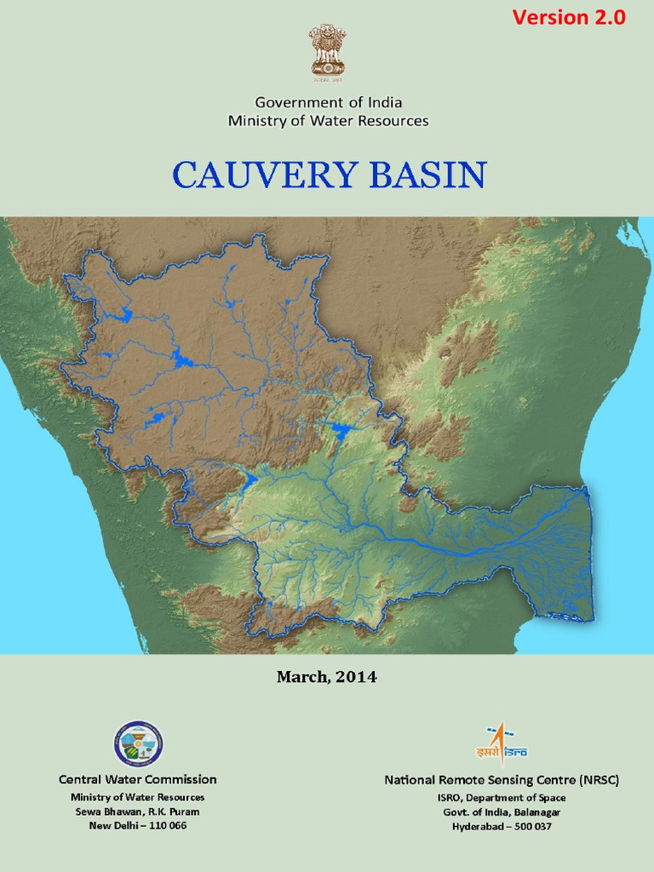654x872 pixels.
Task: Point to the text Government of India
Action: pyautogui.click(x=328, y=102)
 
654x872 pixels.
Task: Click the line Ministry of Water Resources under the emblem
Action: pyautogui.click(x=328, y=121)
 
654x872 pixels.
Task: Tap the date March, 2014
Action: pyautogui.click(x=326, y=678)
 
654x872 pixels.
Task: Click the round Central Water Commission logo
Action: pyautogui.click(x=138, y=743)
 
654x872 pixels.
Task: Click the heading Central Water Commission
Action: pyautogui.click(x=138, y=779)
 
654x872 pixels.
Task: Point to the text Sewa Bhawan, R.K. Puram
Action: pyautogui.click(x=138, y=812)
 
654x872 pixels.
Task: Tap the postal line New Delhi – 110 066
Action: pyautogui.click(x=138, y=826)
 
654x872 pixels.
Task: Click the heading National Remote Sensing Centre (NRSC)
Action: pyautogui.click(x=502, y=780)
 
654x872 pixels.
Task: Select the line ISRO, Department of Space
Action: pyautogui.click(x=502, y=798)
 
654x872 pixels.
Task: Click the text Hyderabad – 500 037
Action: pyautogui.click(x=502, y=826)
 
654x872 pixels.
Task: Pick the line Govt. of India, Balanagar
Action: pyautogui.click(x=502, y=812)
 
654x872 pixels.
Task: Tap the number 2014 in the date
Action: pyautogui.click(x=358, y=678)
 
